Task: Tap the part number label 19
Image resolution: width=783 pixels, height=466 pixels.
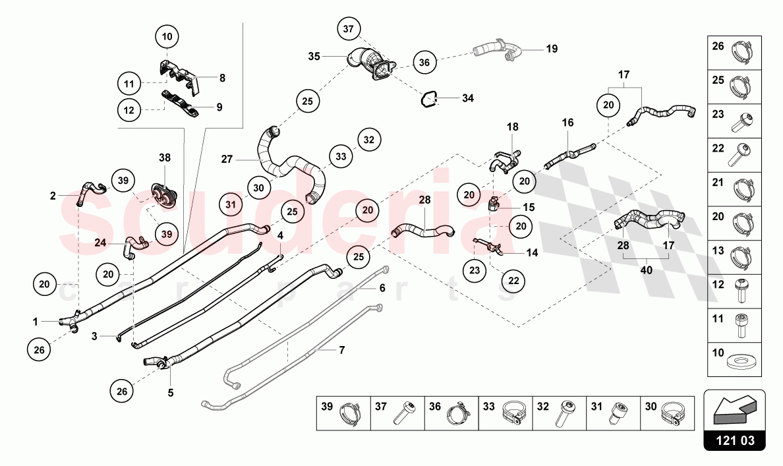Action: point(552,49)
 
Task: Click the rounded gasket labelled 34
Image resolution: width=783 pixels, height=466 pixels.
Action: point(430,99)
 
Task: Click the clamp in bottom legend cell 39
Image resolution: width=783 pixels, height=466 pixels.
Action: point(349,416)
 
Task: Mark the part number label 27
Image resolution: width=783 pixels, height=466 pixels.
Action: point(227,159)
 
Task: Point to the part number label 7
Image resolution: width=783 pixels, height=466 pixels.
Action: point(341,350)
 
